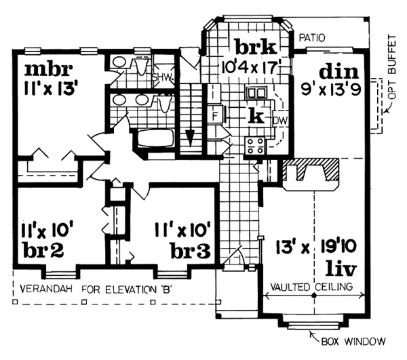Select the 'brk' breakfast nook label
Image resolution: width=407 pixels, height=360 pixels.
[256, 48]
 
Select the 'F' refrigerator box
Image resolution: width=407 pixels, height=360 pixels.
[215, 114]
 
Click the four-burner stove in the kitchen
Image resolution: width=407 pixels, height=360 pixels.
[255, 144]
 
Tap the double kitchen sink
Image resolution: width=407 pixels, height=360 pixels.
[256, 93]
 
